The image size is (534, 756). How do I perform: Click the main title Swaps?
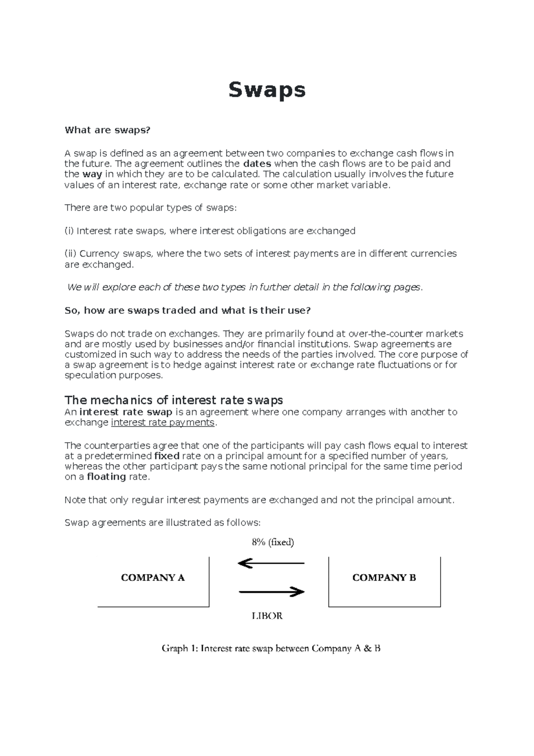[x=267, y=90]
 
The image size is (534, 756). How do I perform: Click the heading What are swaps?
[x=108, y=130]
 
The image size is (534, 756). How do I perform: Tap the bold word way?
[x=92, y=174]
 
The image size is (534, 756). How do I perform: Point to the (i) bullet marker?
[x=69, y=231]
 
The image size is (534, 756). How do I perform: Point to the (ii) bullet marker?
[x=71, y=253]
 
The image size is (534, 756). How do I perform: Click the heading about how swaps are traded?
[x=187, y=310]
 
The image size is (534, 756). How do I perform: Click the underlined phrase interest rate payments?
[x=162, y=423]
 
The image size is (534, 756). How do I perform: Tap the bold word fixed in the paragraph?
[x=166, y=456]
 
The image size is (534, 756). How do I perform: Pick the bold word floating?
[x=106, y=477]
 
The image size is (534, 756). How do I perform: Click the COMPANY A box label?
[x=153, y=578]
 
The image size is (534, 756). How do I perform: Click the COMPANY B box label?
[x=384, y=578]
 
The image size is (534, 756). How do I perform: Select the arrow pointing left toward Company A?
[x=271, y=564]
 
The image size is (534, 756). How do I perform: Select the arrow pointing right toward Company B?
[x=271, y=592]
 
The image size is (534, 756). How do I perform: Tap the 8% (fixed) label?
[x=273, y=542]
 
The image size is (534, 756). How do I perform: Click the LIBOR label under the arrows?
[x=267, y=616]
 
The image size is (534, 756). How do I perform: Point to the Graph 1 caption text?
[x=271, y=648]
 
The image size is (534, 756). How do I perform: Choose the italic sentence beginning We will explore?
[x=244, y=288]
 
